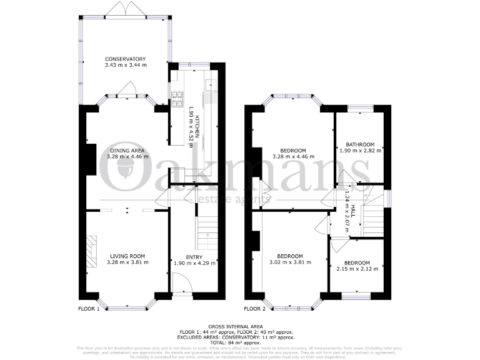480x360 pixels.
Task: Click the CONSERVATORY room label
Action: click(x=125, y=59)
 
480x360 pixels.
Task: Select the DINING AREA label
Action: click(x=127, y=150)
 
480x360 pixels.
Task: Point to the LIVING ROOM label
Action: click(x=127, y=256)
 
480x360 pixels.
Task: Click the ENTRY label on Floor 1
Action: click(x=194, y=256)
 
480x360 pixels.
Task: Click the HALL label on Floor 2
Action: click(x=352, y=212)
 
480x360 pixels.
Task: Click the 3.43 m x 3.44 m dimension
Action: click(x=125, y=65)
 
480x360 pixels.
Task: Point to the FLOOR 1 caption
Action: click(x=89, y=309)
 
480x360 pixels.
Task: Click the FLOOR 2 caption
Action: click(x=255, y=309)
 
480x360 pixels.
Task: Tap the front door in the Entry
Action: click(x=182, y=287)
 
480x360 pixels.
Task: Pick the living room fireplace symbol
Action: click(x=92, y=251)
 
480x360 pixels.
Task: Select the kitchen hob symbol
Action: click(x=177, y=97)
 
